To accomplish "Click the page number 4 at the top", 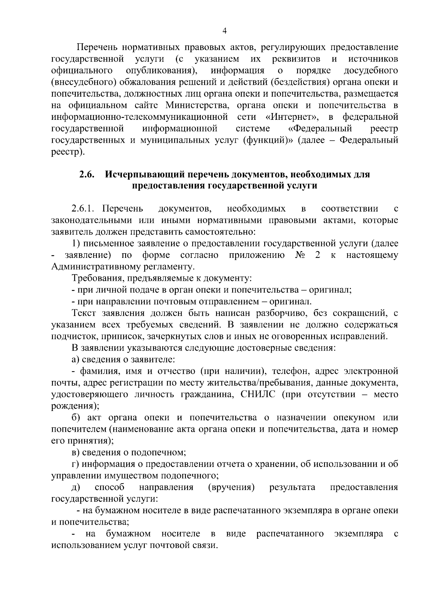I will pyautogui.click(x=225, y=31).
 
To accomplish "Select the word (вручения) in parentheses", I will pyautogui.click(x=231, y=487).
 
